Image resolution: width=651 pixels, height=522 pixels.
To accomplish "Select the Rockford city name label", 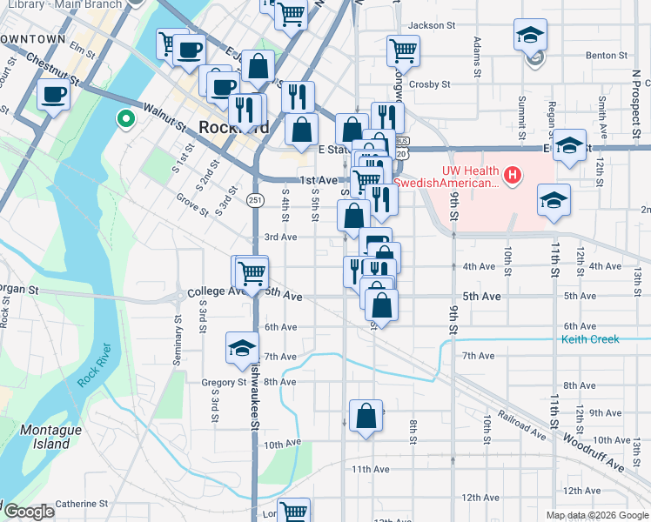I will (x=233, y=127).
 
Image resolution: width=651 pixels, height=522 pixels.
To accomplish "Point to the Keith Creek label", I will (x=590, y=339).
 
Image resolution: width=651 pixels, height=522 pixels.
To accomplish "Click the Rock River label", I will (x=96, y=366).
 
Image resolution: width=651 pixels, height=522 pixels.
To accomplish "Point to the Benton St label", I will (x=607, y=55).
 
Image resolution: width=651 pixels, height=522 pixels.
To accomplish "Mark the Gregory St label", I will (x=225, y=382).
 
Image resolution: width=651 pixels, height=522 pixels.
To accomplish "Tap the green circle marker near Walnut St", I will (x=126, y=118).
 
